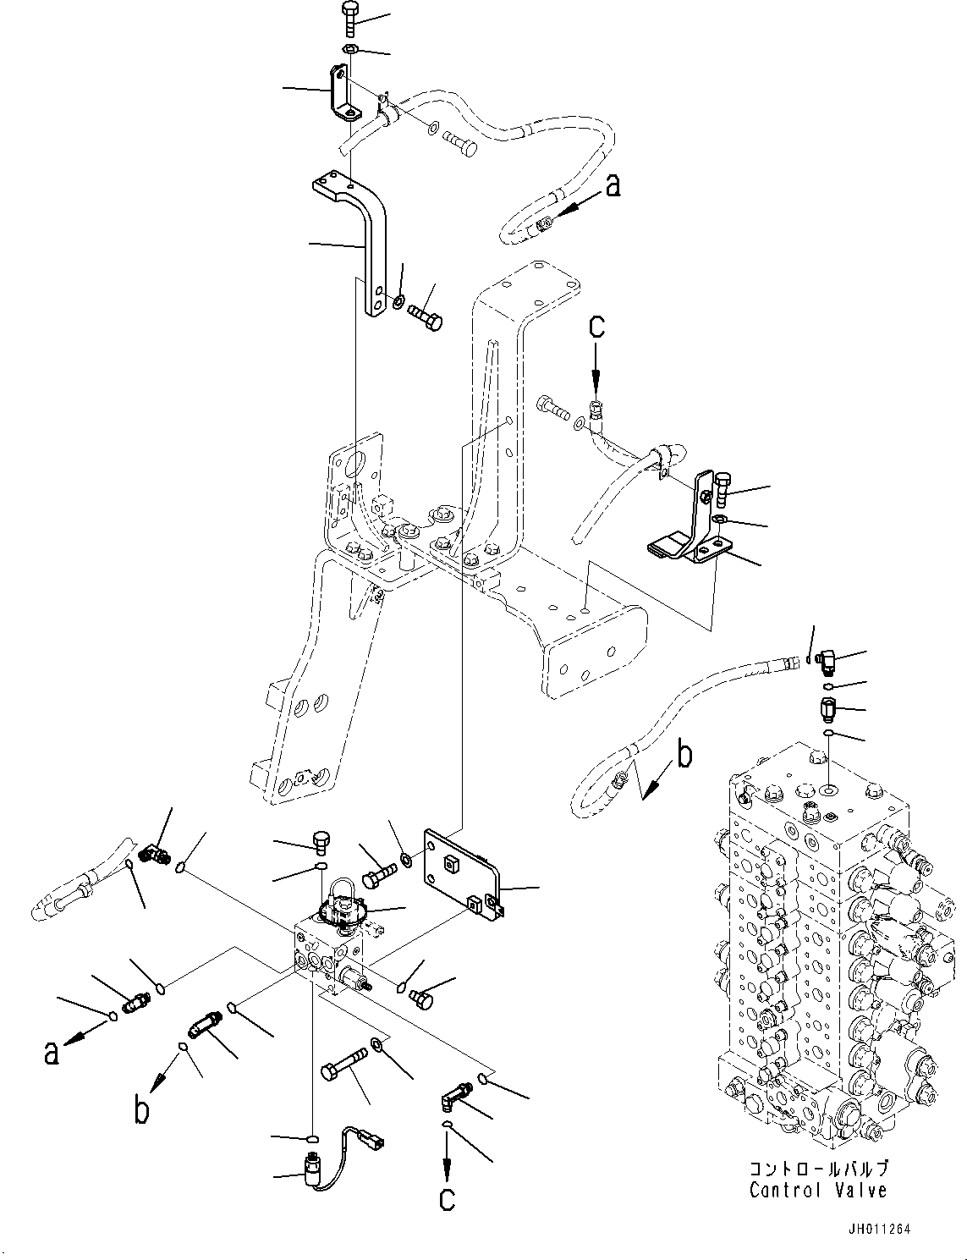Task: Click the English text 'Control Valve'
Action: pos(817,1190)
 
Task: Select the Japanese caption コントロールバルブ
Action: pos(818,1169)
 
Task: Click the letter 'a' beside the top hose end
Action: pos(613,184)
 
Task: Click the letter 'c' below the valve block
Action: pos(447,1197)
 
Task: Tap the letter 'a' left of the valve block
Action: pos(52,1054)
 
